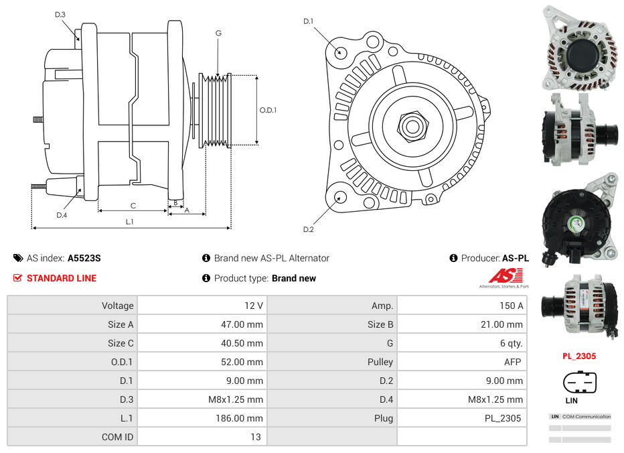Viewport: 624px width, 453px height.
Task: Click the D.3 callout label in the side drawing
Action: click(x=60, y=14)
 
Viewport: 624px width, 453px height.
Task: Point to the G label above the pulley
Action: click(x=218, y=34)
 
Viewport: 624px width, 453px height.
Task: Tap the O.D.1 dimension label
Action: click(x=268, y=110)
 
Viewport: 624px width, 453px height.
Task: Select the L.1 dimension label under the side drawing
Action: click(x=129, y=221)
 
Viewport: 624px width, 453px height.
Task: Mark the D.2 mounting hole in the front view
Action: click(x=340, y=197)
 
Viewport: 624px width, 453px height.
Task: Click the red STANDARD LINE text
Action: click(x=62, y=278)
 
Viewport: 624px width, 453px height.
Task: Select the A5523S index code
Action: click(x=84, y=258)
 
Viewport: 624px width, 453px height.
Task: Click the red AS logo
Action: click(x=505, y=275)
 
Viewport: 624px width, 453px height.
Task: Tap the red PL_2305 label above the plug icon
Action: click(x=579, y=357)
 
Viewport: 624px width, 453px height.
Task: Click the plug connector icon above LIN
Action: click(x=579, y=383)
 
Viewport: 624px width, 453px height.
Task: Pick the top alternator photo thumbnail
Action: click(x=579, y=47)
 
